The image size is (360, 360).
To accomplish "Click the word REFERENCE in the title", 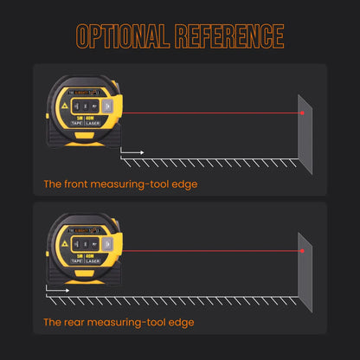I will (228, 35).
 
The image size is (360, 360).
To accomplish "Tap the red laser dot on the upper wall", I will (302, 112).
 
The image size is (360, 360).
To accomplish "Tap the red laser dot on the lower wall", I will (302, 250).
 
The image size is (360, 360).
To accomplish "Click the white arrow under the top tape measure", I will (132, 152).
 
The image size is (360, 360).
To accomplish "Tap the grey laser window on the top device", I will (108, 108).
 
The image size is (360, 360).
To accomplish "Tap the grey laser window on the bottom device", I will (108, 247).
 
